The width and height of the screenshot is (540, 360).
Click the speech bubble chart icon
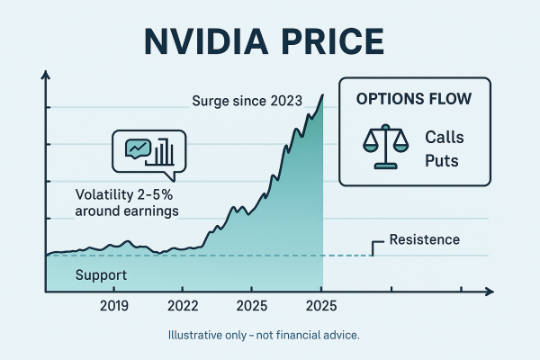[x=148, y=150]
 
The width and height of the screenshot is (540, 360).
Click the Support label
[x=101, y=274]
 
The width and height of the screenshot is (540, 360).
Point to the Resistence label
[x=424, y=240]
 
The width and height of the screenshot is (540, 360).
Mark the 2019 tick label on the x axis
[x=114, y=306]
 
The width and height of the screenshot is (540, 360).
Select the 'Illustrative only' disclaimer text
[x=264, y=336]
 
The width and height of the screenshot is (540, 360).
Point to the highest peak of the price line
[x=322, y=93]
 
